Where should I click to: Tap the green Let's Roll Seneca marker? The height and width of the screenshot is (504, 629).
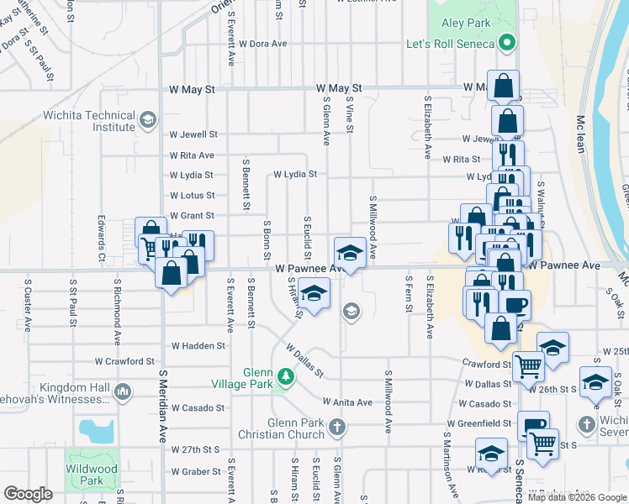507,42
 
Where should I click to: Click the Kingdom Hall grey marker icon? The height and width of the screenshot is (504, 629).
123,391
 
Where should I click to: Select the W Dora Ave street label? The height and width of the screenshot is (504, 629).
263,43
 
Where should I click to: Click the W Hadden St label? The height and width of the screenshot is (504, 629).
198,345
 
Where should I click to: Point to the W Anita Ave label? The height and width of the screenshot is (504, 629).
346,402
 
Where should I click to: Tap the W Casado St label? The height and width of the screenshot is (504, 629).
198,407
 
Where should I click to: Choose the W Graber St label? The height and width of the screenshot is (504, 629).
197,471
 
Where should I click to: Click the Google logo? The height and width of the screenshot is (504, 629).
28,494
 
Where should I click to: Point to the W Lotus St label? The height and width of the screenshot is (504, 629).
192,195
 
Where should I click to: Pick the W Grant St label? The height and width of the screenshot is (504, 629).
192,216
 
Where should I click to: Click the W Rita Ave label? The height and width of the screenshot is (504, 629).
192,155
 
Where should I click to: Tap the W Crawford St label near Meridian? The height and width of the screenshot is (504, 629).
124,361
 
